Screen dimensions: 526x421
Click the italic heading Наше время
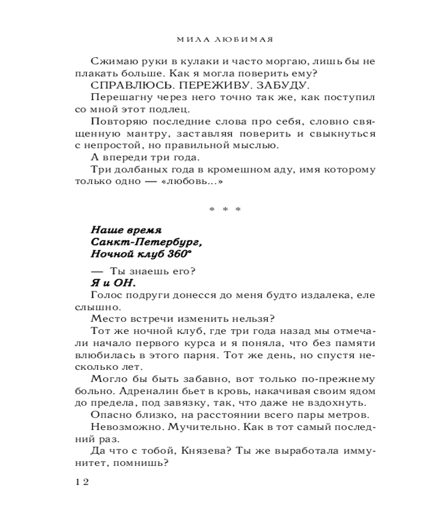(x=126, y=230)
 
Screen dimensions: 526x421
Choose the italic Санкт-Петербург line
(x=146, y=243)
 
